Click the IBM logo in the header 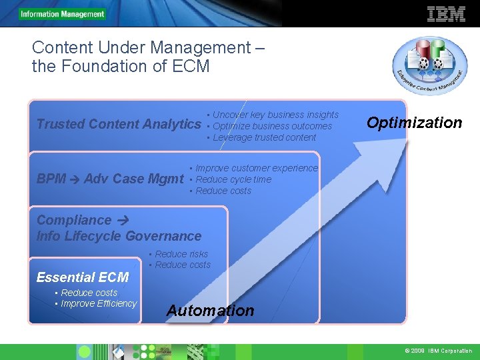[x=446, y=14]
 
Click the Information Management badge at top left [x=62, y=14]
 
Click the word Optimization [x=414, y=123]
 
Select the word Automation [x=210, y=311]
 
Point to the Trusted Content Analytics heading [x=119, y=124]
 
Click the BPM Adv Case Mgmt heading [x=110, y=179]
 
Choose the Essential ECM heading [x=83, y=277]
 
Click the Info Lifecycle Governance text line [x=119, y=236]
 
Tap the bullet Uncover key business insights [x=275, y=115]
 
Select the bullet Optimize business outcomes [x=272, y=126]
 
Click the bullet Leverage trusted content [x=264, y=137]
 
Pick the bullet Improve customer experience [x=257, y=168]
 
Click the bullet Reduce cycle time [x=233, y=179]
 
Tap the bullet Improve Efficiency [x=98, y=303]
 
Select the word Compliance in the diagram [x=74, y=220]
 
